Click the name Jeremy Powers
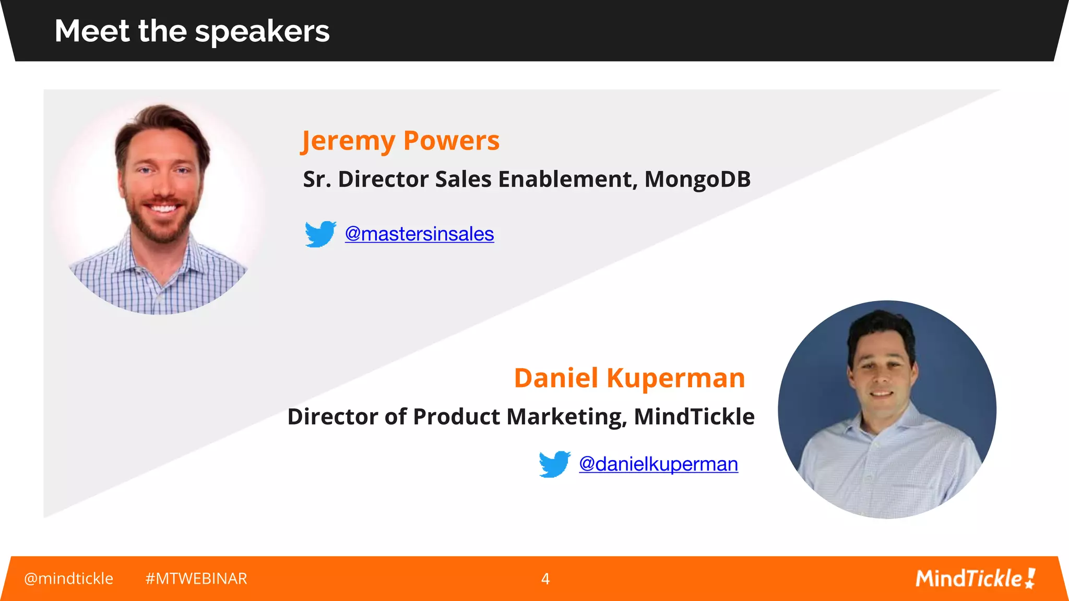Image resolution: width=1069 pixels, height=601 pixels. [x=400, y=141]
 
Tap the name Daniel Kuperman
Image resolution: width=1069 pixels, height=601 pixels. [x=629, y=378]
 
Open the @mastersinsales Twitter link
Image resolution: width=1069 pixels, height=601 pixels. [x=419, y=234]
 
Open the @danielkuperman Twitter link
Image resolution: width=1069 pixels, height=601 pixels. [x=658, y=464]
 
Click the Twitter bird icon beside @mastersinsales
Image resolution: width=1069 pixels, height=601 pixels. [x=320, y=234]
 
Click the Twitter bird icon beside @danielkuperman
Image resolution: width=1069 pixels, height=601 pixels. [x=554, y=464]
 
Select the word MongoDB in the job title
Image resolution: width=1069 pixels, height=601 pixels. [x=697, y=179]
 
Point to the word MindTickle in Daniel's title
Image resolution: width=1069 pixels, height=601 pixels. [x=694, y=417]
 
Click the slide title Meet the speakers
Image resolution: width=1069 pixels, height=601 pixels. [x=192, y=31]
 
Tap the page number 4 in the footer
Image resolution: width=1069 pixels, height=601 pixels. [x=545, y=579]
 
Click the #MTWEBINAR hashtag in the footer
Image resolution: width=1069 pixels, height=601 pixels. [x=196, y=579]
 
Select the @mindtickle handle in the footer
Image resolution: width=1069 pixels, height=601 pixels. [x=68, y=579]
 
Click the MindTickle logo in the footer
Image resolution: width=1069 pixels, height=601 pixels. [x=975, y=579]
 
